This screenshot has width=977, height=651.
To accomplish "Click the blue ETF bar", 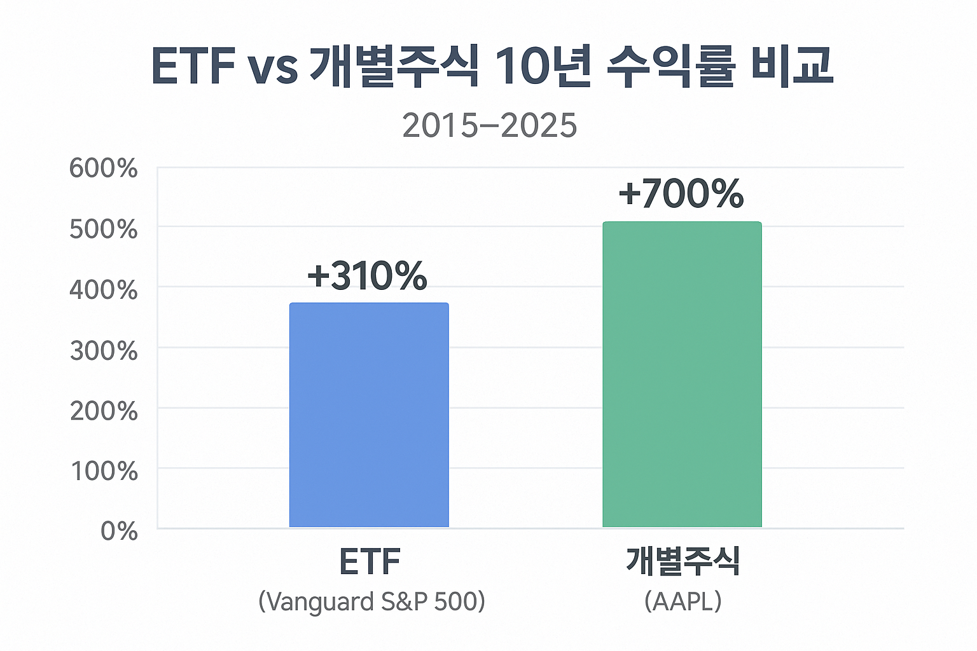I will coord(369,415).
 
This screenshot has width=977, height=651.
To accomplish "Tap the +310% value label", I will coord(367,276).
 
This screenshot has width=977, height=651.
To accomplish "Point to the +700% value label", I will coord(681,194).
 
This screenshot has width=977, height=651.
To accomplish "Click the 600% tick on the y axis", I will coord(104,169).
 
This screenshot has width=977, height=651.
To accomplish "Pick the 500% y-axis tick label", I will coord(104,230).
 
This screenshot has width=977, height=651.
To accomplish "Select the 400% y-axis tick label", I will coord(104,290).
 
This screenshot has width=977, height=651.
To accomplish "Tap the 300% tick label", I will coord(104,350).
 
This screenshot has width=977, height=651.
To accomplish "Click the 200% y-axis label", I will coord(104,411).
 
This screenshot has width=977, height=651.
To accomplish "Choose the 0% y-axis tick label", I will coord(119,531).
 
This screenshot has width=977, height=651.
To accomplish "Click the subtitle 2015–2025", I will coord(489,125).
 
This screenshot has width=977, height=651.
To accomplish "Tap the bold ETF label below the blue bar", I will coord(370,561).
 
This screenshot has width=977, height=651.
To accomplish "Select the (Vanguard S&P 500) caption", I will coord(371,601).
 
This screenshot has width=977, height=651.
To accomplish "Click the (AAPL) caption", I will coord(683,601).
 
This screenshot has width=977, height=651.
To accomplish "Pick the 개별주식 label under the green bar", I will coord(683,561).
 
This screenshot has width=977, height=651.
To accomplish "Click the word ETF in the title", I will coord(193,66).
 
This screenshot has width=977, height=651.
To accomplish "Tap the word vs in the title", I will coord(273,69).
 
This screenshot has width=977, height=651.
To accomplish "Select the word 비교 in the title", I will coord(791,66).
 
